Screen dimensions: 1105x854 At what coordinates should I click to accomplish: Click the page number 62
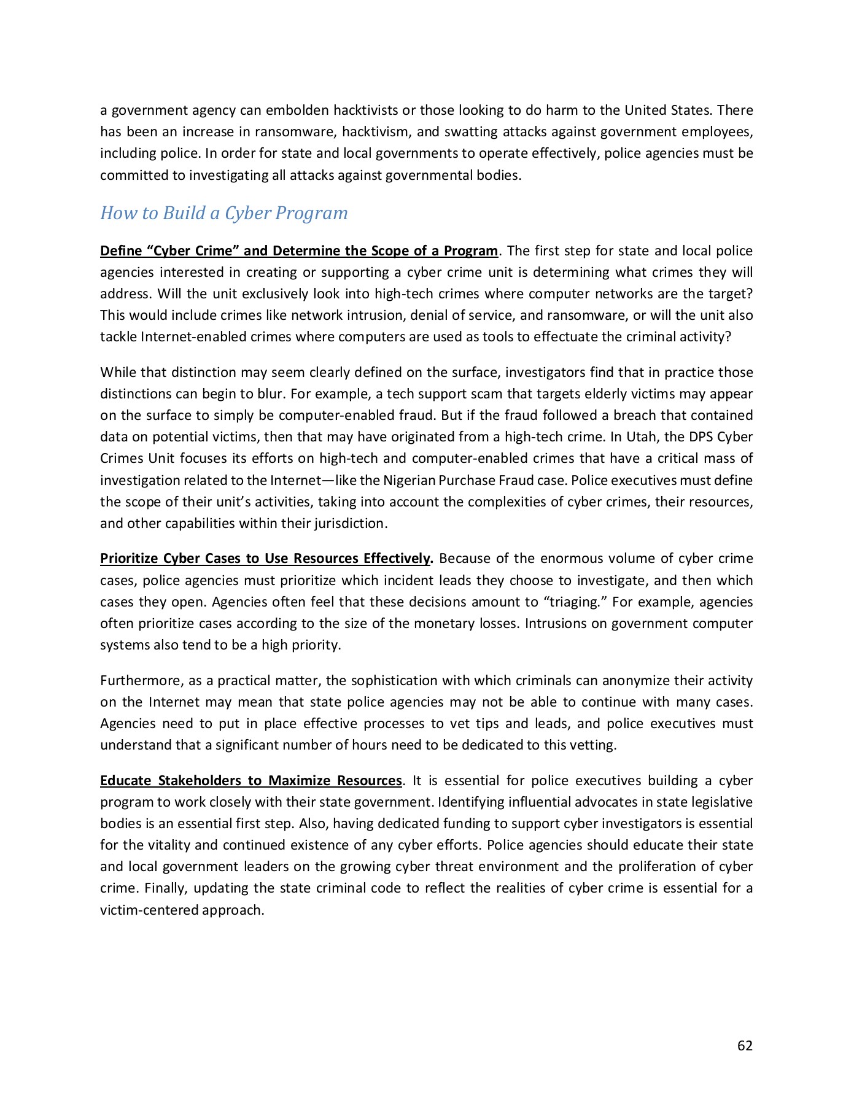[745, 1045]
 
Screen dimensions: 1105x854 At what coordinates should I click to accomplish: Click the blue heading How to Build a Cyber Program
[223, 213]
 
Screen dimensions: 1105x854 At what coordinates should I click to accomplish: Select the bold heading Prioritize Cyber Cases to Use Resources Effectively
[266, 559]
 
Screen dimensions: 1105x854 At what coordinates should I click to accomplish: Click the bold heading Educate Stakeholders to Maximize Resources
[250, 781]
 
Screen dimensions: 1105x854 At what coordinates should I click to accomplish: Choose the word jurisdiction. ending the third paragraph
[351, 524]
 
